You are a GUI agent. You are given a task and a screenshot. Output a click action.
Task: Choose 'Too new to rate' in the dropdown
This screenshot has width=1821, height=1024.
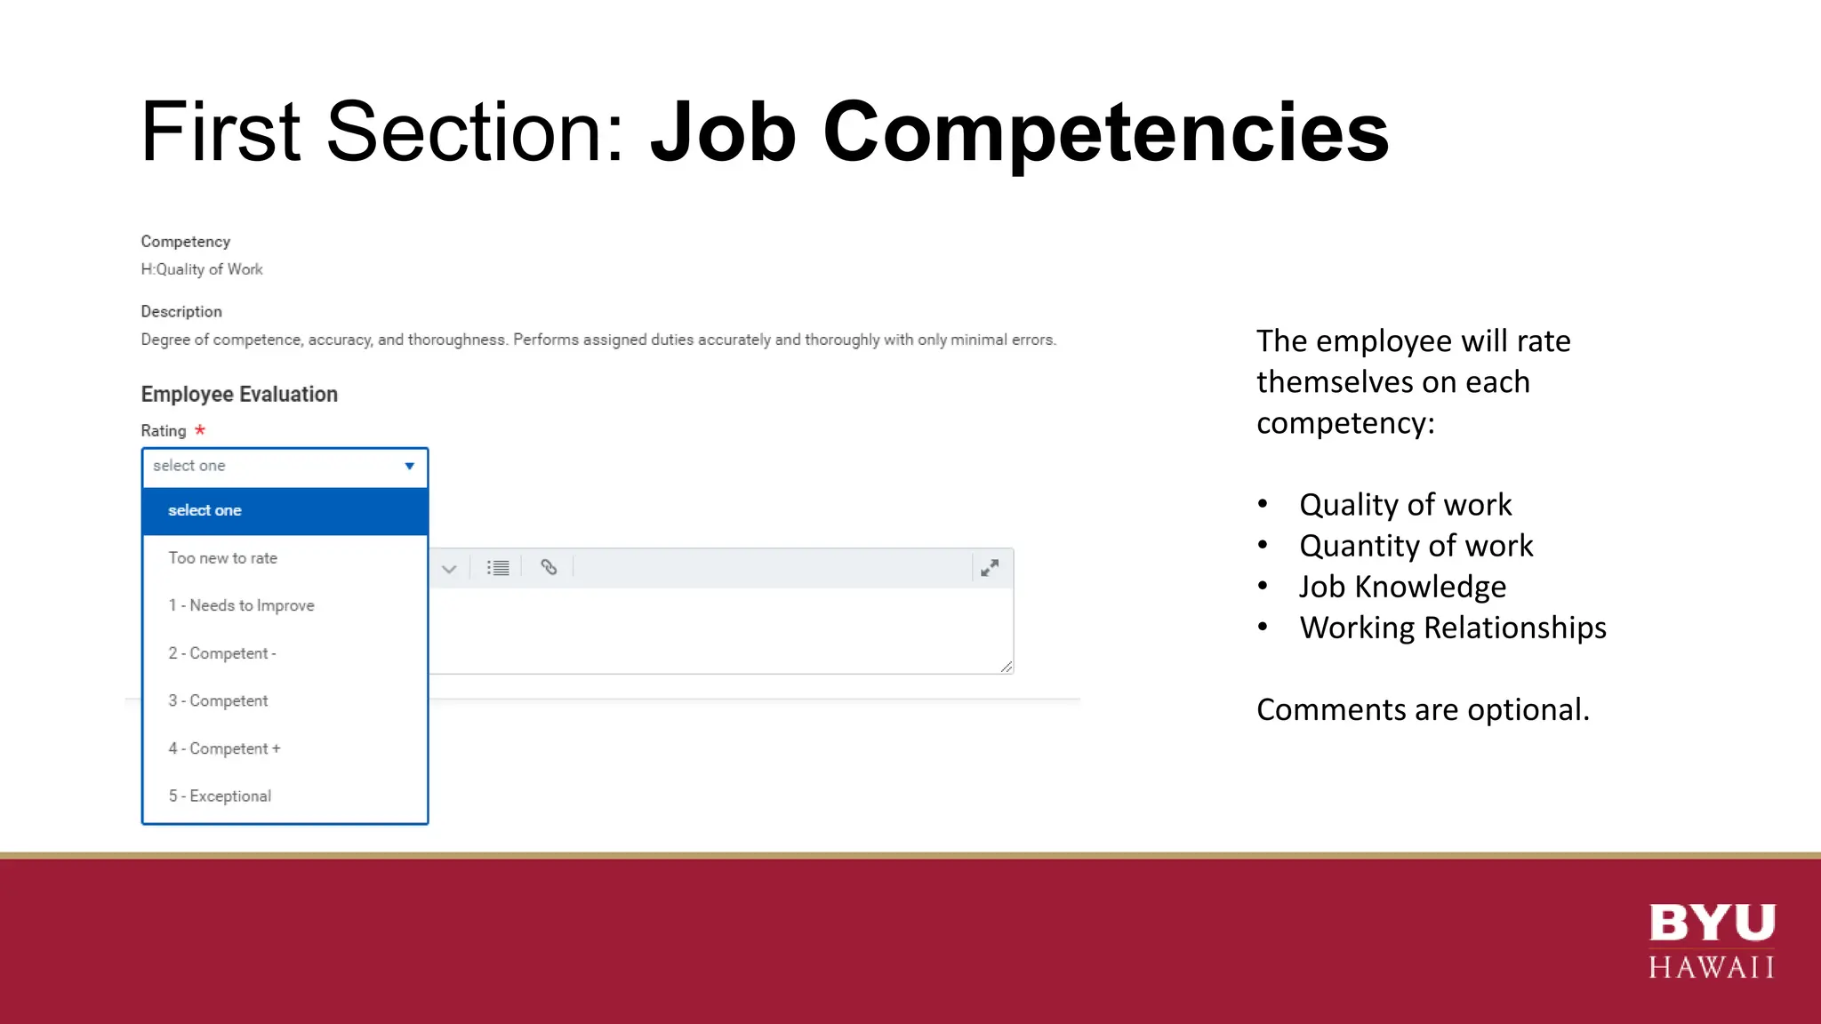click(x=223, y=558)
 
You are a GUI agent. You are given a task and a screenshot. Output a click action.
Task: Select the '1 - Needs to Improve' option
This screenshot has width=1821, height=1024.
click(x=242, y=605)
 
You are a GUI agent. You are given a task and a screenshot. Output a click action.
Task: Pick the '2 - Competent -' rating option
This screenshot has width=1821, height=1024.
click(x=222, y=653)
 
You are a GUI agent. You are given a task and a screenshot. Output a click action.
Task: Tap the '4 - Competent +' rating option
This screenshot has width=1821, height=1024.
click(x=224, y=748)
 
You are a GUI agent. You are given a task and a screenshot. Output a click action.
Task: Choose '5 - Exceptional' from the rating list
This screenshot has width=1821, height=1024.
click(x=221, y=796)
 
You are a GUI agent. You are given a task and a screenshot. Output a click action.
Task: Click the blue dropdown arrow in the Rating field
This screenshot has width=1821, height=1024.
click(x=409, y=466)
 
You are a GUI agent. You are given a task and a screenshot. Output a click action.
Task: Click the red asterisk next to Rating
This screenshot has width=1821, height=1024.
click(x=200, y=430)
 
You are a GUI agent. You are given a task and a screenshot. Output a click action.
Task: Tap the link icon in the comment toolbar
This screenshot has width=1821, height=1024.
click(x=549, y=567)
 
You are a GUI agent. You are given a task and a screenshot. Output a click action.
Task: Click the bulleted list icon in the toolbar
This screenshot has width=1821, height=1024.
click(x=498, y=567)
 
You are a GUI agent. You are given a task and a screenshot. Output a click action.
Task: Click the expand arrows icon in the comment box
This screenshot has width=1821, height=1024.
click(x=990, y=567)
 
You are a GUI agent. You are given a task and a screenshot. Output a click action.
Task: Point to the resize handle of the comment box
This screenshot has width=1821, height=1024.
click(x=1006, y=667)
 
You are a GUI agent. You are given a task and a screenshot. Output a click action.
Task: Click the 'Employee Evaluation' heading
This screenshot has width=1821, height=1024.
click(x=239, y=394)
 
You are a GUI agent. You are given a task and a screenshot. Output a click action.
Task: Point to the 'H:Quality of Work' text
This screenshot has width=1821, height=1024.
click(x=202, y=269)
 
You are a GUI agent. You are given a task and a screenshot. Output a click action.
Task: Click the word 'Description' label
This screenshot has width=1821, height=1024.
click(x=181, y=312)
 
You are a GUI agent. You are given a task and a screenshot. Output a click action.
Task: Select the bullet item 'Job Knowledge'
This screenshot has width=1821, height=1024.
click(x=1402, y=587)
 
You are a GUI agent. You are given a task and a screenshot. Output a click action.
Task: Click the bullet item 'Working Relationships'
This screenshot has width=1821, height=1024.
click(x=1452, y=628)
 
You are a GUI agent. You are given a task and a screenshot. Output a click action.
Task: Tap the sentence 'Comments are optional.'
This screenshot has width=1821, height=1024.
click(x=1423, y=709)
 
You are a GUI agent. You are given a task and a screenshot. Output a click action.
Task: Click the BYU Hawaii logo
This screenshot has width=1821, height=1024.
click(x=1712, y=940)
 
